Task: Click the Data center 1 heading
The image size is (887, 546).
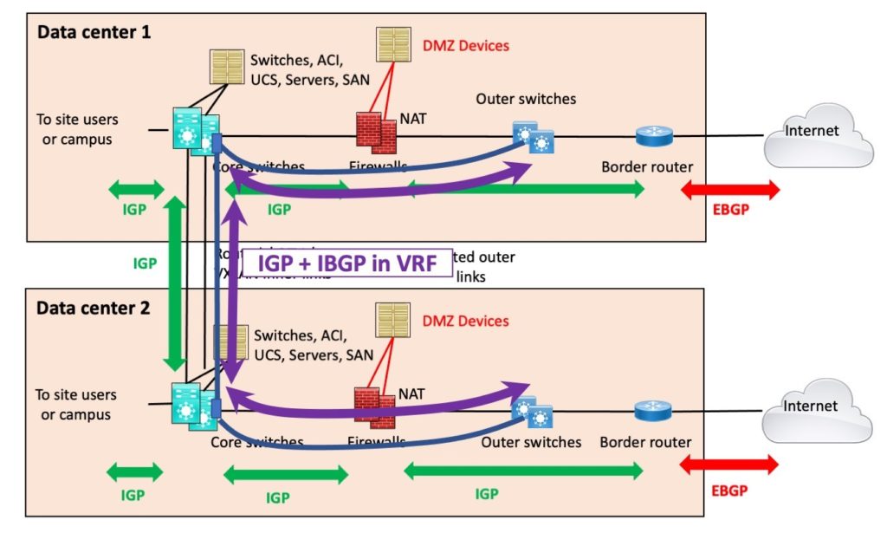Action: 94,33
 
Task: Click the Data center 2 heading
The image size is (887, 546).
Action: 94,307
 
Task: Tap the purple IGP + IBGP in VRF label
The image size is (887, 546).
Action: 346,261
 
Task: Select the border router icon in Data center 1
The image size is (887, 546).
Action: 647,136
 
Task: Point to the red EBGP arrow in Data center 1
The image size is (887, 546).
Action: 731,190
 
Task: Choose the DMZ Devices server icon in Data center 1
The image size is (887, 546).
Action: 394,44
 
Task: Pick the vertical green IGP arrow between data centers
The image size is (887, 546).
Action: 176,283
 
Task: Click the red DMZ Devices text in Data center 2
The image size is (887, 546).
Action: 465,322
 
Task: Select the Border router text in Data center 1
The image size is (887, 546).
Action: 647,167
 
